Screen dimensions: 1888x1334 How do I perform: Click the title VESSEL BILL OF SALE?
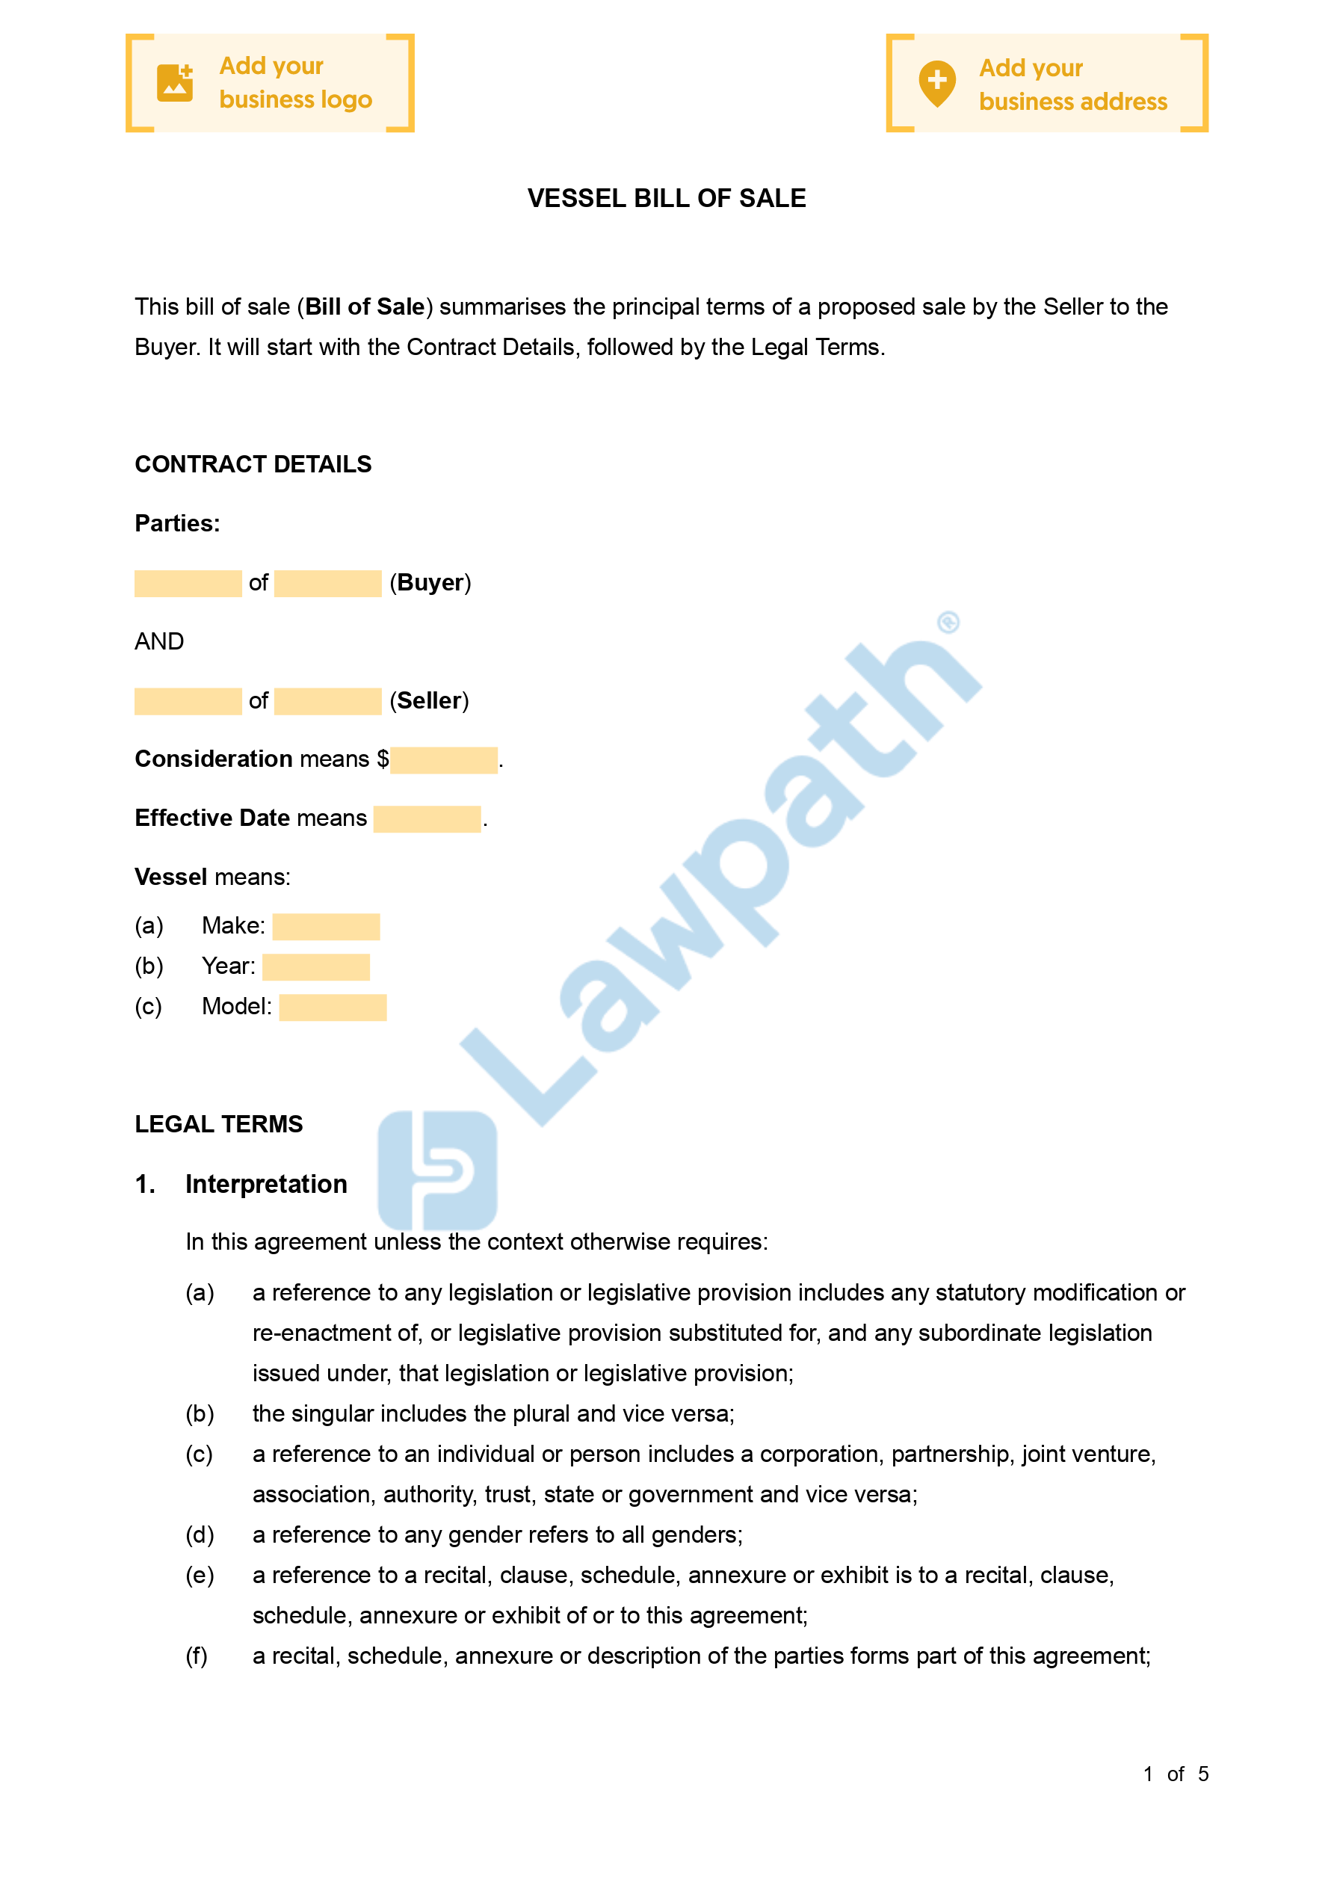pos(666,198)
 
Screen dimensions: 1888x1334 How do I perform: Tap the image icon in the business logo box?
pos(175,83)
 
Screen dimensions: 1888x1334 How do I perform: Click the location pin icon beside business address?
pos(936,83)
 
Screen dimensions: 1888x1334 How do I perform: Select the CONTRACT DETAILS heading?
pos(253,465)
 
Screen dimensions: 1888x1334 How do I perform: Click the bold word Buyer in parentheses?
pos(430,583)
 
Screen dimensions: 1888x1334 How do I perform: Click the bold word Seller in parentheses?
pos(429,700)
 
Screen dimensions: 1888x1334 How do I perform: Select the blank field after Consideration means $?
pos(443,760)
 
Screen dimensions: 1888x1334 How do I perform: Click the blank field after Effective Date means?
pos(427,819)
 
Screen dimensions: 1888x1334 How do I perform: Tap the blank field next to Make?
pos(326,927)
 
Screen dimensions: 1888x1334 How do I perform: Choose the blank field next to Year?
pos(316,967)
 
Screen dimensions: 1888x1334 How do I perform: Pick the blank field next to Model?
pos(333,1008)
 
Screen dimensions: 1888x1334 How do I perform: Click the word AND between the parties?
pos(158,641)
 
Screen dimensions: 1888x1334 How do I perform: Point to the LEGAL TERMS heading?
pos(219,1124)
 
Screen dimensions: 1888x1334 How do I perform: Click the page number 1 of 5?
pos(1176,1774)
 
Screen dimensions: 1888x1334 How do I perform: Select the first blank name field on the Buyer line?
pos(188,584)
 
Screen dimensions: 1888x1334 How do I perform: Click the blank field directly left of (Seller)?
pos(327,701)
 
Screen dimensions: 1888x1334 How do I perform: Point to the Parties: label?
pos(177,524)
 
